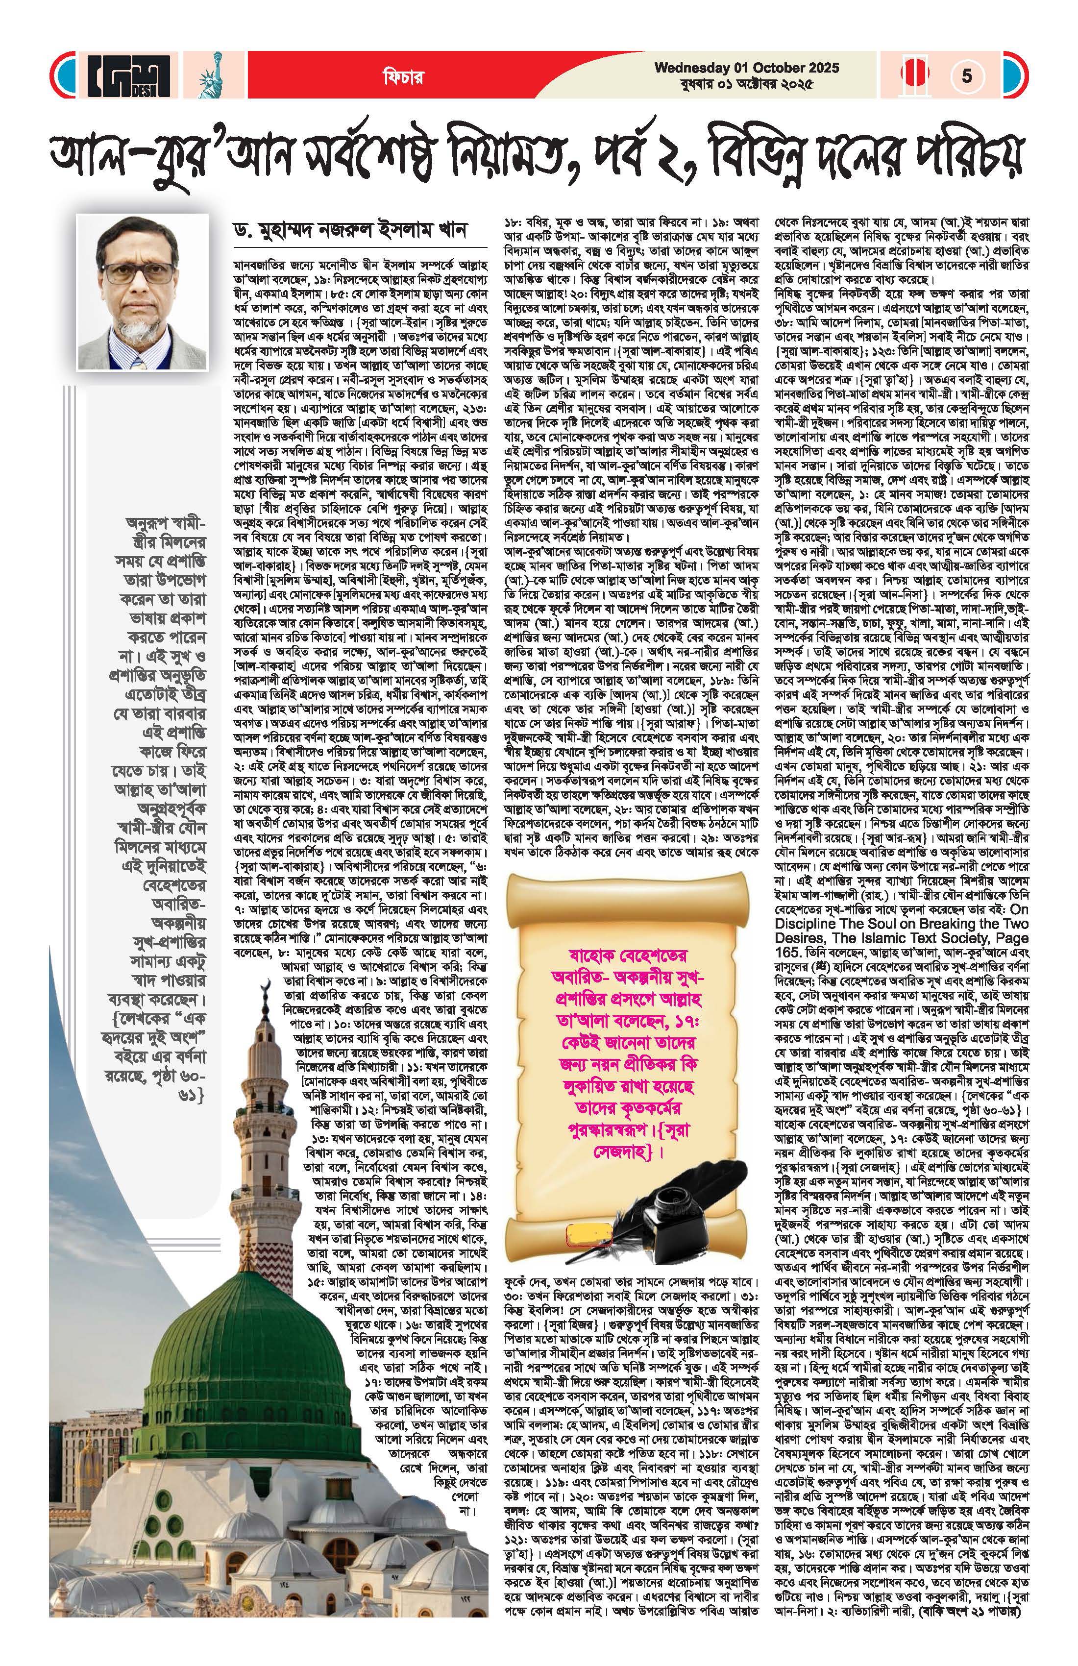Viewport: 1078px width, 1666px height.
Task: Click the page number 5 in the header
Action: coord(967,75)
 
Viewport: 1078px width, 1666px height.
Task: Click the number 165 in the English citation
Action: coord(788,953)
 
